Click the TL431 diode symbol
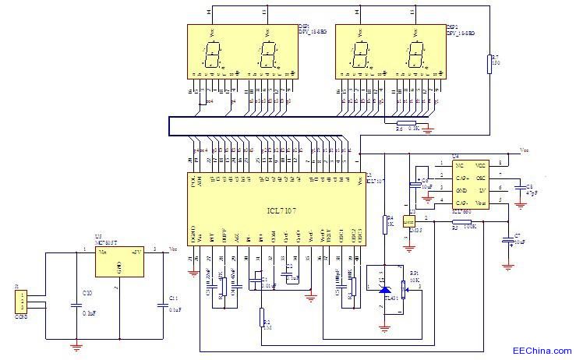(383, 289)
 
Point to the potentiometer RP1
(405, 290)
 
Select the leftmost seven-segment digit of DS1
(213, 54)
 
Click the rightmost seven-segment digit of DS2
(415, 54)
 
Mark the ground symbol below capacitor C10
(77, 346)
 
